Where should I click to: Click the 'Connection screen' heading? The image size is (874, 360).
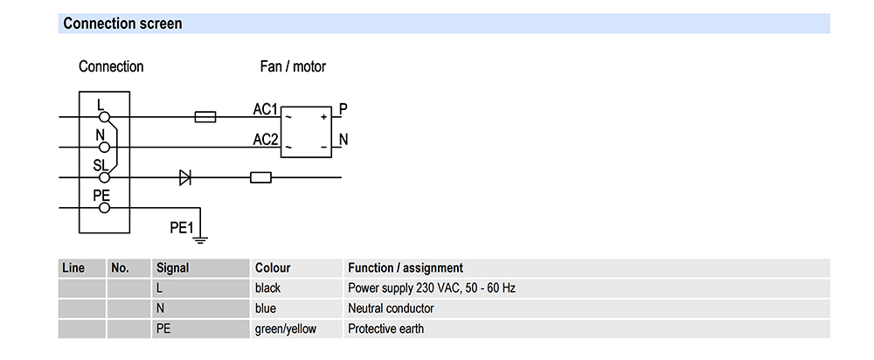tap(122, 24)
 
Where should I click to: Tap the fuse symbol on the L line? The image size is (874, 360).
tap(205, 116)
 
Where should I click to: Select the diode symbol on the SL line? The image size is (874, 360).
tap(185, 177)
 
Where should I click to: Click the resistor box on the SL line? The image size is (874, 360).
tap(260, 177)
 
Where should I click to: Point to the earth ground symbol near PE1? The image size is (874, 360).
tap(201, 234)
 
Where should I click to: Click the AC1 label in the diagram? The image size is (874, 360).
tap(265, 110)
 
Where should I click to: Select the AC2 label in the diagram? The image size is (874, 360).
tap(265, 139)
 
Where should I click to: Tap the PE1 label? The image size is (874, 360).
tap(180, 228)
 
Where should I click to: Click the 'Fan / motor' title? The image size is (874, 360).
tap(293, 66)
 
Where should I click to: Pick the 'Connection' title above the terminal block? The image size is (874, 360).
tap(111, 66)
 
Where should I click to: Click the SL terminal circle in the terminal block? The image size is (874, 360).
tap(104, 177)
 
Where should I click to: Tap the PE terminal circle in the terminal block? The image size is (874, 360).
tap(104, 208)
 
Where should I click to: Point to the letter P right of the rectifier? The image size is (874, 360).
tap(343, 109)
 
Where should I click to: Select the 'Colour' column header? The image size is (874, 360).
tap(273, 268)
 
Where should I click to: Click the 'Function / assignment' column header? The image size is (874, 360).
tap(406, 268)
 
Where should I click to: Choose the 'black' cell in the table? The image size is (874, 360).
tap(268, 288)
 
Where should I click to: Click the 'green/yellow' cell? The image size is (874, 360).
tap(286, 329)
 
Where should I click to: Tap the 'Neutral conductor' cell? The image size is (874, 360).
tap(391, 308)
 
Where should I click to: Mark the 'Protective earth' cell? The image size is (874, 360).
tap(385, 329)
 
